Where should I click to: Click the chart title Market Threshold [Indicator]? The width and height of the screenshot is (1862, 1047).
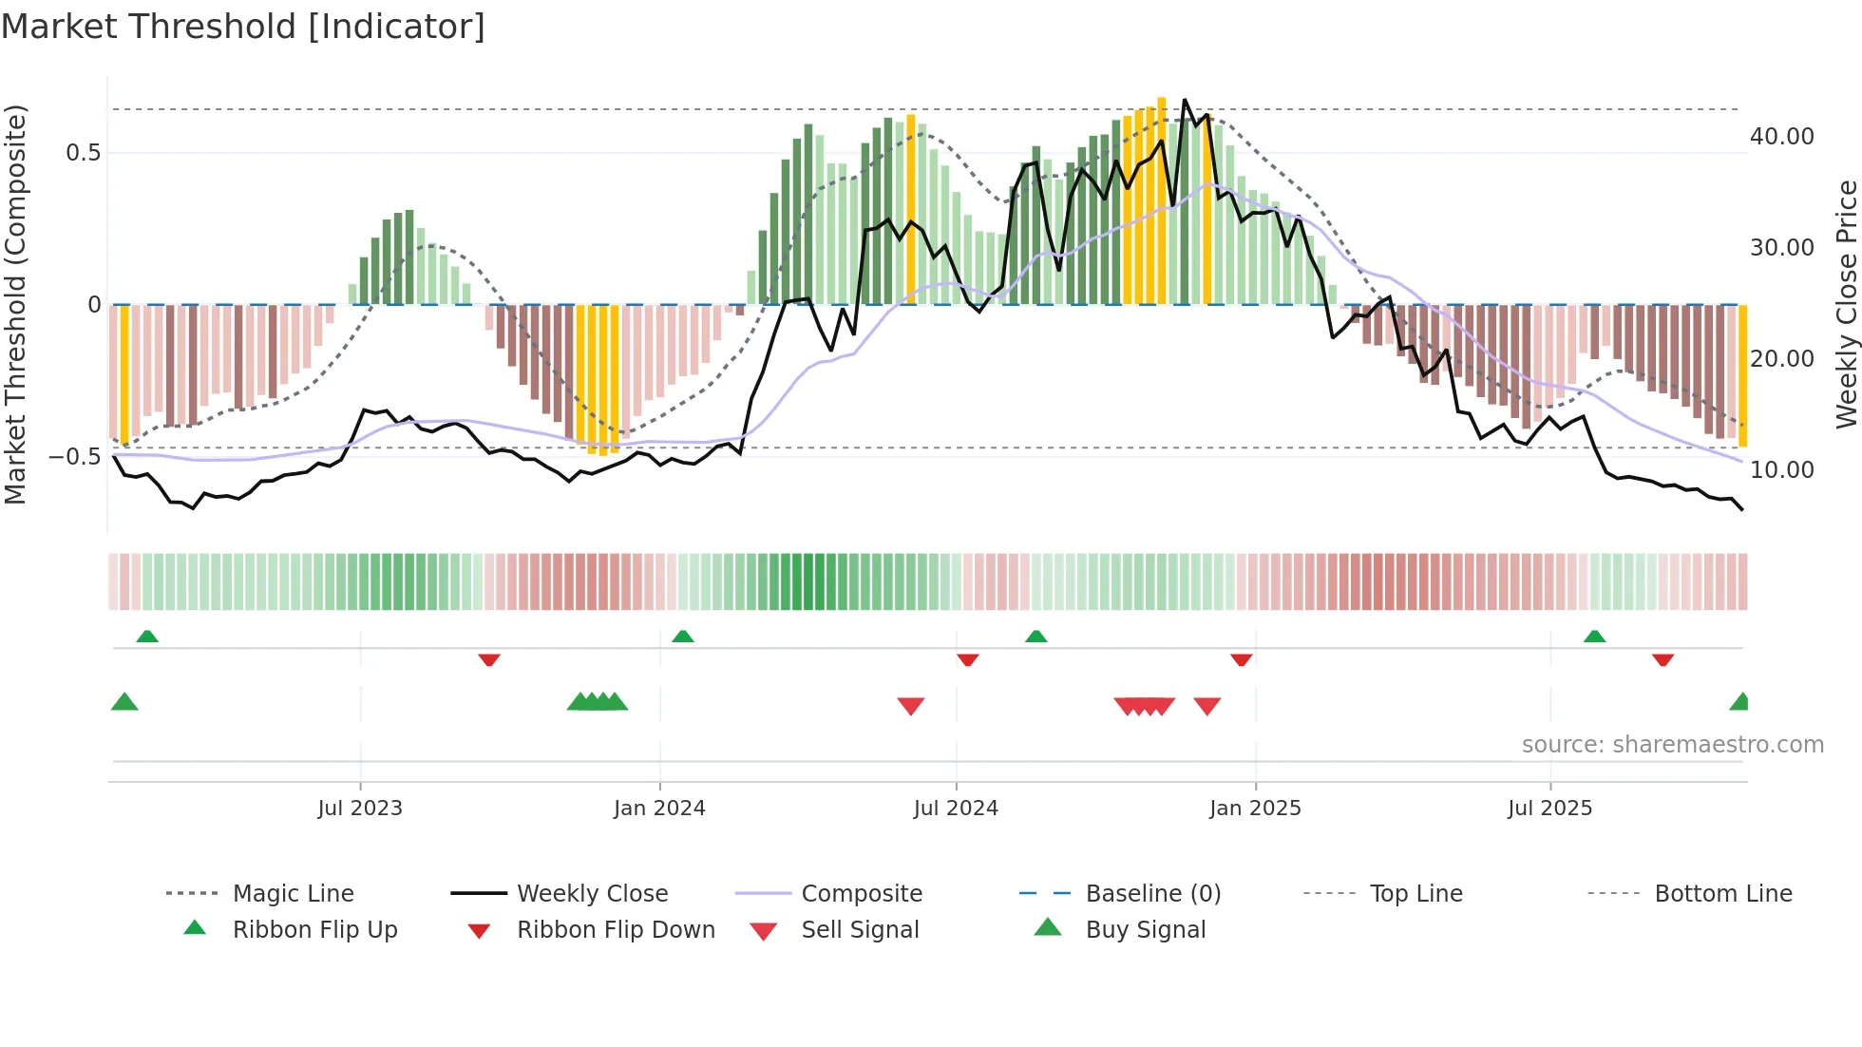click(243, 27)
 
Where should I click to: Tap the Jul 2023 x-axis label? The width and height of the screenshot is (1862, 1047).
click(360, 809)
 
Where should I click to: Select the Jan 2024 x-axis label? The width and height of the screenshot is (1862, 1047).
click(659, 809)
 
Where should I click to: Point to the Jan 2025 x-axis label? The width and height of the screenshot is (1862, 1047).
click(1255, 809)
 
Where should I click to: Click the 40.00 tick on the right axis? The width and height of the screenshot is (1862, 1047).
click(1781, 137)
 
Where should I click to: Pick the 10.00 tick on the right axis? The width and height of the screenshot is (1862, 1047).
click(1781, 470)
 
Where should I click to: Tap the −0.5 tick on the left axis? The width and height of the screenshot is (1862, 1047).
click(74, 457)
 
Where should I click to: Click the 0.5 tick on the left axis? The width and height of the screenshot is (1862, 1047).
click(83, 153)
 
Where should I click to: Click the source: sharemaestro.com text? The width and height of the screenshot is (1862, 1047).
click(1672, 745)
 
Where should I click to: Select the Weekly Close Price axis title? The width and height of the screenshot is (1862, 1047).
click(1846, 304)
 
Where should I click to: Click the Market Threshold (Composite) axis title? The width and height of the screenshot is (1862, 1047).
click(15, 304)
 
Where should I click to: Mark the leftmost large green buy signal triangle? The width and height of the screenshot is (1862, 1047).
click(124, 703)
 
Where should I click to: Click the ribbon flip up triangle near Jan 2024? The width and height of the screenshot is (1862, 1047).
click(683, 637)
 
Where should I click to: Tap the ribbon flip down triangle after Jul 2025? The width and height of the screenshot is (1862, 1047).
click(1662, 659)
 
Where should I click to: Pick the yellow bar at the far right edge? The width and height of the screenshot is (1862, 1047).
click(1743, 375)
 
